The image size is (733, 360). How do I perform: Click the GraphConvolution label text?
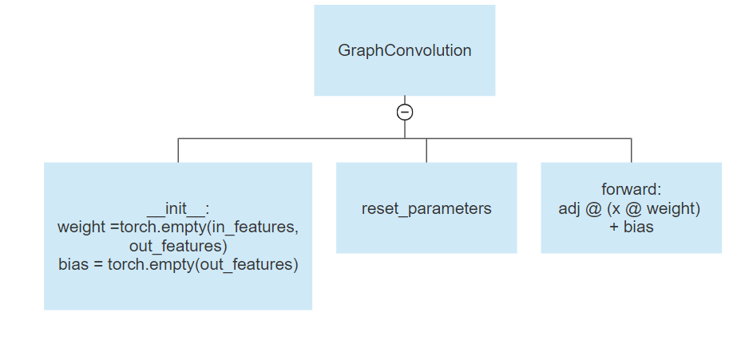pos(404,50)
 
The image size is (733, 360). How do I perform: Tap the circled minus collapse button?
pos(405,112)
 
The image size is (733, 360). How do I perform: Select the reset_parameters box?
pos(426,208)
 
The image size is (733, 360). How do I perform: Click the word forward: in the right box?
pos(631,190)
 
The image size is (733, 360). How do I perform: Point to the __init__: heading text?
pos(178,209)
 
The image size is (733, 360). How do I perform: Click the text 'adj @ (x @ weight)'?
pos(631,208)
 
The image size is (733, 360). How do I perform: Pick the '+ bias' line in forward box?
pos(631,227)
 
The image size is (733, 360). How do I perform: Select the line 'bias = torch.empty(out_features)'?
pos(178,264)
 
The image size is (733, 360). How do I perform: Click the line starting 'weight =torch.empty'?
pos(178,227)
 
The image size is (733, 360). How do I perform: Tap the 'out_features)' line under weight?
pos(178,246)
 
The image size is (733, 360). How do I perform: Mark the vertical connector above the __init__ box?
pos(178,151)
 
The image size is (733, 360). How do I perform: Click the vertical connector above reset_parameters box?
pos(426,151)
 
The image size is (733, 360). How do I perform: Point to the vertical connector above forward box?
pos(631,151)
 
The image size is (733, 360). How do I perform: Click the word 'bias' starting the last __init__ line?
pos(73,264)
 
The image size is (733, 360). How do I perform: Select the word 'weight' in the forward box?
pos(674,208)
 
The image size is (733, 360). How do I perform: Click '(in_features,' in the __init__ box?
pos(254,227)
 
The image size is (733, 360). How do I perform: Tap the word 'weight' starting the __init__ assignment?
pos(81,227)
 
